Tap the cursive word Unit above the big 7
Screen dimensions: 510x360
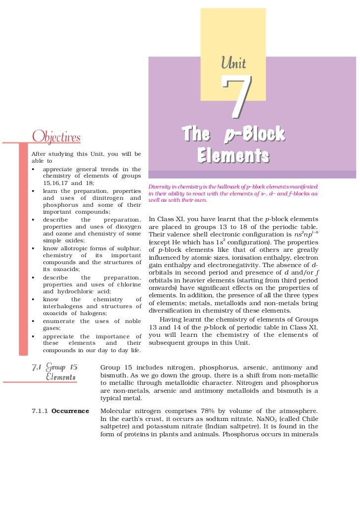[x=234, y=63]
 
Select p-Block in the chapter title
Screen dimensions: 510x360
[x=254, y=134]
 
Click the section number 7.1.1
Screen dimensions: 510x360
[x=40, y=411]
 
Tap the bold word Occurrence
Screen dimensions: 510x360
[x=70, y=411]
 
